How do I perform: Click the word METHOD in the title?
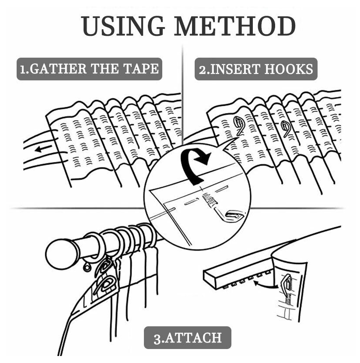click(235, 26)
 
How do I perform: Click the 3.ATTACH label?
click(188, 338)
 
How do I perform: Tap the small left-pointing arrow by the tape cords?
click(43, 149)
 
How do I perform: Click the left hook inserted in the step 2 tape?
click(238, 125)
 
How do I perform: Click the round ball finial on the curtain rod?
click(60, 254)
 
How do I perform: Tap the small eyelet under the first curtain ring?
click(87, 267)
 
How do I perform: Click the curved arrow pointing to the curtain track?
click(265, 285)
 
